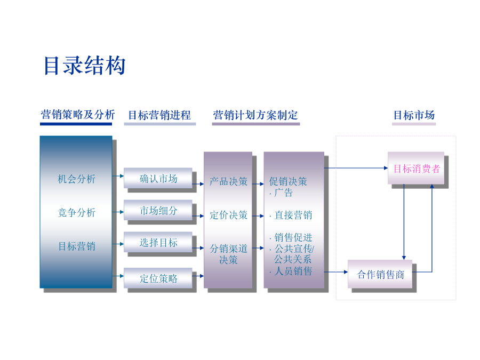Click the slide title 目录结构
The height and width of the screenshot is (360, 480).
[85, 66]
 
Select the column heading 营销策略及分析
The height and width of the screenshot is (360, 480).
[78, 115]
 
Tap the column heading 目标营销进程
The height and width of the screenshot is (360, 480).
[159, 115]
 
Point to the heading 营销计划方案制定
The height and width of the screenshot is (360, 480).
[255, 115]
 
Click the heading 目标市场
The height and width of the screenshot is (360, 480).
[414, 115]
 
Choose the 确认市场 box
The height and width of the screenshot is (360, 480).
[158, 178]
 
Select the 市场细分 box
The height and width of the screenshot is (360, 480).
[158, 210]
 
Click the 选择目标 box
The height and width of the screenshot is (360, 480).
[158, 242]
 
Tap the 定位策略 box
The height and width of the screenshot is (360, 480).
[158, 278]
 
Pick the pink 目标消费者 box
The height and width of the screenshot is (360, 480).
[416, 168]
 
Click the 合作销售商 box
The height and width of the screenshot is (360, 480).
[380, 274]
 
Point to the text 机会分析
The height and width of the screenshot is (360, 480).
[76, 179]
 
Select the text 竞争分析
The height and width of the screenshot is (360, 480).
[76, 212]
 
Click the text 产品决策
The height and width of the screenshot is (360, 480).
[228, 181]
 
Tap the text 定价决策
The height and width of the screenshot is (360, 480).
[228, 215]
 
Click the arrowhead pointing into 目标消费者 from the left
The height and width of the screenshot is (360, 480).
[386, 168]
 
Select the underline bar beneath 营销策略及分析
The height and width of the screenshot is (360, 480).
[76, 124]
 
